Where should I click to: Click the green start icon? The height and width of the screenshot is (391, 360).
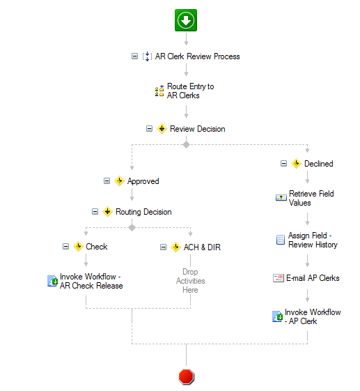point(186,20)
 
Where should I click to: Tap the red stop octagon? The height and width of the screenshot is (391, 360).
point(186,376)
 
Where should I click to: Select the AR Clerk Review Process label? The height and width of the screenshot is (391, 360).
point(197,56)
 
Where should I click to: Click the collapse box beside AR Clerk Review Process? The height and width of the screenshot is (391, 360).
point(134,56)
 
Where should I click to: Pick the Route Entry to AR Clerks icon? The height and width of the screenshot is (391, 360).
point(159,91)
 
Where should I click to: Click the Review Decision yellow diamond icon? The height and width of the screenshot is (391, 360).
point(162,129)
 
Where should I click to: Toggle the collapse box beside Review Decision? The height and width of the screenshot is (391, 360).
point(149,129)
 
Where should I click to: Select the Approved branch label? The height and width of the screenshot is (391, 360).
point(143,181)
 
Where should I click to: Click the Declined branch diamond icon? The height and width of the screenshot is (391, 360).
point(296,164)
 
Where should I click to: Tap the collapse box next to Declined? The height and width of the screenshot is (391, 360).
point(284,163)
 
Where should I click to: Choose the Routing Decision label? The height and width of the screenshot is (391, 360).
point(143,212)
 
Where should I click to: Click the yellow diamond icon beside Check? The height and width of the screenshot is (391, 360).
point(78,246)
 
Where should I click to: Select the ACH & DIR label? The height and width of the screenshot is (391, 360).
point(202,247)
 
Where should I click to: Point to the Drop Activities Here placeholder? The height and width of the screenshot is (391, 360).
point(190,281)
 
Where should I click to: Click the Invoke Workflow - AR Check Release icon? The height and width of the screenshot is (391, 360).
point(52,281)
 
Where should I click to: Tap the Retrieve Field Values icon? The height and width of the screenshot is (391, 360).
point(281,198)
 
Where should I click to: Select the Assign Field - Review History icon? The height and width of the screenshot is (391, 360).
point(281,240)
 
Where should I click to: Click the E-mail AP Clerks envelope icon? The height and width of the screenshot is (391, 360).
point(279,278)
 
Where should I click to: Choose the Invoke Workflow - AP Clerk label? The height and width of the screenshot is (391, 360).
point(313,316)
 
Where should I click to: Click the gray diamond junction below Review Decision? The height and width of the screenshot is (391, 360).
point(186,144)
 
